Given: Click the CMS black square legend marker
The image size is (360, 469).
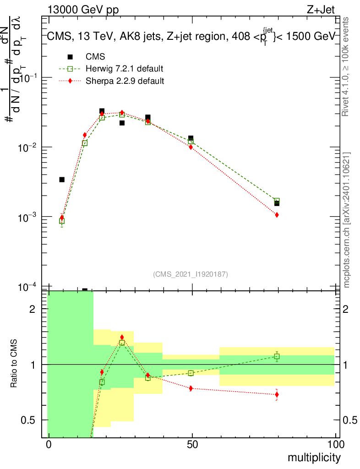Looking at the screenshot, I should click(x=70, y=57).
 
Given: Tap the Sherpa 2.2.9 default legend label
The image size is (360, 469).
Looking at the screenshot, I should click(x=125, y=81).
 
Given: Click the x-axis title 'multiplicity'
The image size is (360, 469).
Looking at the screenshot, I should click(x=314, y=457).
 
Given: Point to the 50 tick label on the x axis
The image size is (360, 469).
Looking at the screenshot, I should click(x=192, y=445).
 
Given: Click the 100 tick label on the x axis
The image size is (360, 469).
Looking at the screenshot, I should click(x=336, y=445).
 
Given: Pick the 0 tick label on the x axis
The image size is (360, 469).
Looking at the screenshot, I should click(x=49, y=445).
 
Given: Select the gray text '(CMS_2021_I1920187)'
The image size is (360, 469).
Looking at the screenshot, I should click(x=191, y=274).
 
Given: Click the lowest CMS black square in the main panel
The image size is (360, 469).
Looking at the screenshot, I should click(x=85, y=290).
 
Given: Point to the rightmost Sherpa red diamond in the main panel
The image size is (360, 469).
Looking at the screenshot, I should click(x=277, y=215).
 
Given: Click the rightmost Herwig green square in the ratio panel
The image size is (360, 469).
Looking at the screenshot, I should click(x=277, y=356).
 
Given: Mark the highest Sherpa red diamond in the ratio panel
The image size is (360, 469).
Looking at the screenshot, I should click(x=122, y=337).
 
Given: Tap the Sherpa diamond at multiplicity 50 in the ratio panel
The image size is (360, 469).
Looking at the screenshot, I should click(x=191, y=388).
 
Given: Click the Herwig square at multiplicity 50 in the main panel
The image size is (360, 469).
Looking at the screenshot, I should click(x=191, y=142).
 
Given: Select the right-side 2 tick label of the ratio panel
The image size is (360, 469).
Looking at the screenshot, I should click(x=347, y=309).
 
